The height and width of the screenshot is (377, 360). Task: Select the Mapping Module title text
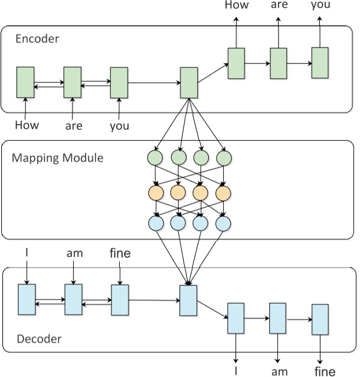[x=57, y=158]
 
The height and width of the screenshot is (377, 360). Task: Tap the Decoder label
[x=38, y=339]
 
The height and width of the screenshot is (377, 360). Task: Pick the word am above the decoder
[x=74, y=253]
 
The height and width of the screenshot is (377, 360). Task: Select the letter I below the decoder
[x=236, y=370]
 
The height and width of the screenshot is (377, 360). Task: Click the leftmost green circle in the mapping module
[x=155, y=158]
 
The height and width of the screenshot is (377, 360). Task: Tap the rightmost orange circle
[x=223, y=193]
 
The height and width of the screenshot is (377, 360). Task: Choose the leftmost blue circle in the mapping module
[x=155, y=223]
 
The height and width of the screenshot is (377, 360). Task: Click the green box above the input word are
[x=72, y=82]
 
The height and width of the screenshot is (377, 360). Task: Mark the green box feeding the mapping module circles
[x=188, y=83]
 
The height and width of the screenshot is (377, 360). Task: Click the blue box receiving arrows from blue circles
[x=188, y=300]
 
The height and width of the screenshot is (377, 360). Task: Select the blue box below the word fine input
[x=120, y=300]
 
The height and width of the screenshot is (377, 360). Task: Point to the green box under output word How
[x=236, y=63]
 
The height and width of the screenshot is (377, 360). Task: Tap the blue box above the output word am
[x=277, y=318]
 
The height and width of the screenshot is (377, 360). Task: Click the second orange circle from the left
[x=178, y=193]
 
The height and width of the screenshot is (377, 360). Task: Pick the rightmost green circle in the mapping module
[x=223, y=158]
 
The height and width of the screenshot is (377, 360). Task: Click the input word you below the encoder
[x=119, y=125]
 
